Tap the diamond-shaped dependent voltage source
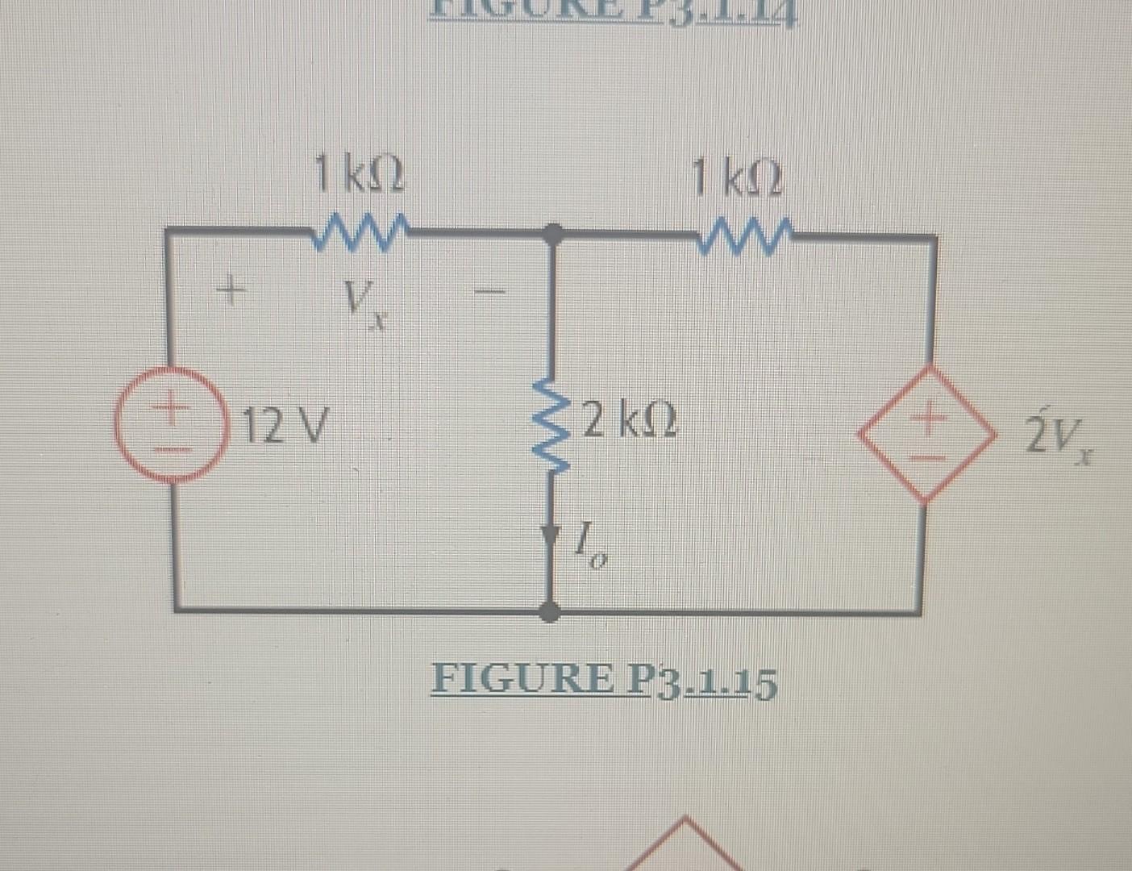click(x=927, y=434)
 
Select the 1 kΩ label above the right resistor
click(x=736, y=178)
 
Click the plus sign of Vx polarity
click(x=230, y=288)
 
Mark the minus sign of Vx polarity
click(x=494, y=287)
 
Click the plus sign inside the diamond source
click(x=929, y=418)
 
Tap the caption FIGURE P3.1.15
click(x=604, y=681)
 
